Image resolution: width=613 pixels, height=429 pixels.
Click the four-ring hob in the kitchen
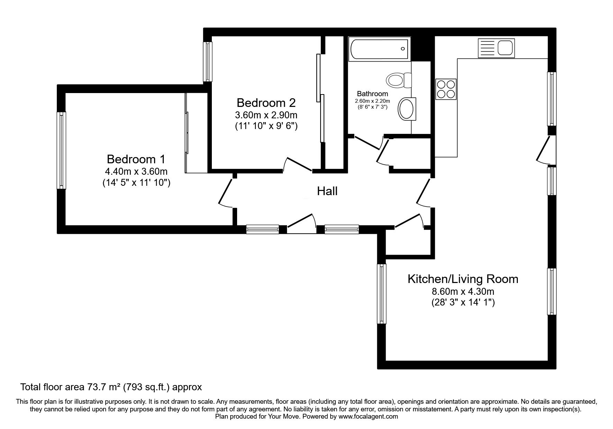(446, 89)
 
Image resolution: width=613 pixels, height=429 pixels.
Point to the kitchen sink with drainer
(496, 48)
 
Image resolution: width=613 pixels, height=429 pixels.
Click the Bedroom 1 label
(136, 159)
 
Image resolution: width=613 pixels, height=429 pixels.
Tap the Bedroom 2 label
(266, 103)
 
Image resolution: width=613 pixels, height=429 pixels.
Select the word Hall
(327, 191)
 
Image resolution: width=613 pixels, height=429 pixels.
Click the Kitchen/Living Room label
(463, 279)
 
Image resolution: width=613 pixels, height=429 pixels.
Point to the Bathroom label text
(372, 94)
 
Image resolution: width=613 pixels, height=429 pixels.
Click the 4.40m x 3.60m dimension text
(136, 171)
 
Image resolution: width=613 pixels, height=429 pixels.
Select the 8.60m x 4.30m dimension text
(463, 291)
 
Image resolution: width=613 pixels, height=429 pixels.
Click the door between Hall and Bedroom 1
(227, 192)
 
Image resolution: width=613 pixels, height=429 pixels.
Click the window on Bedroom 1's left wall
(61, 150)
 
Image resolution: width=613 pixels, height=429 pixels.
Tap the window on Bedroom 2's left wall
(207, 61)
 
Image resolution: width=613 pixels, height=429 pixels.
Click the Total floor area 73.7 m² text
(111, 387)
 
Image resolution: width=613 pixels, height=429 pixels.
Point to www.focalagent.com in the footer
(368, 417)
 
